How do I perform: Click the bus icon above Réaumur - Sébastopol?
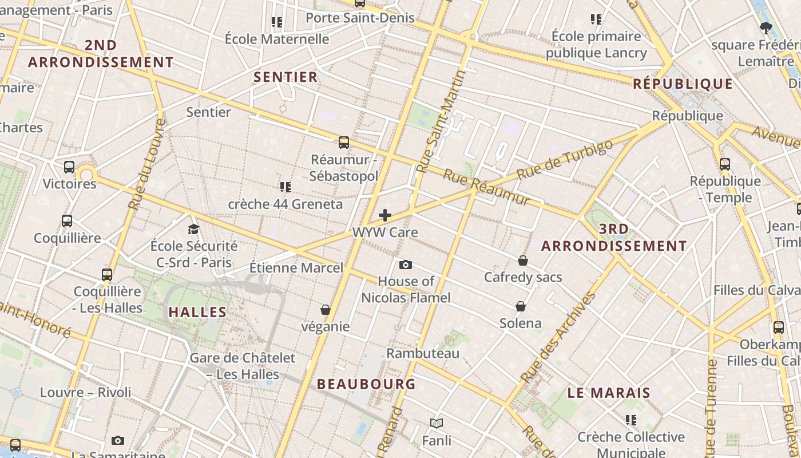343,143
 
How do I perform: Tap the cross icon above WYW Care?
385,215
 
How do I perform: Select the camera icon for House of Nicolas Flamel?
406,264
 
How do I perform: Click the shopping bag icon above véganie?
326,310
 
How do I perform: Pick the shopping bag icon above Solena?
521,306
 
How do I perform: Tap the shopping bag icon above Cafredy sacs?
523,260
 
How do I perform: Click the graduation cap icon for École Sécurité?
194,230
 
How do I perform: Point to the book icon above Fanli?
437,424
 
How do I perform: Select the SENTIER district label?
285,77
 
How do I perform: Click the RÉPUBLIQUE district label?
683,84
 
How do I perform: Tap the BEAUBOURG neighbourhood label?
366,384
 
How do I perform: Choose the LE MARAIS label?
609,393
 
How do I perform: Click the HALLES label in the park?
197,313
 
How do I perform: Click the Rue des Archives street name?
558,338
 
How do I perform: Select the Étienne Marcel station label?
296,268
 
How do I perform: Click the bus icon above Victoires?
69,167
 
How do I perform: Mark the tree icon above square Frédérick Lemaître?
766,27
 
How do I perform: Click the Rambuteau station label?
423,353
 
